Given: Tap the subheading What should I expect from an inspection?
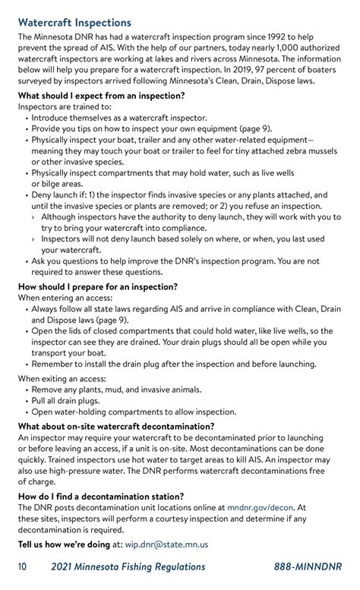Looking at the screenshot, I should pyautogui.click(x=101, y=96).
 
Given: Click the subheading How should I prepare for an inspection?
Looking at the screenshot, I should pyautogui.click(x=98, y=287).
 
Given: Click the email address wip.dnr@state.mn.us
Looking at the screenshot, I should pyautogui.click(x=166, y=544).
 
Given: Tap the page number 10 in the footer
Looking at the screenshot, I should pyautogui.click(x=24, y=567).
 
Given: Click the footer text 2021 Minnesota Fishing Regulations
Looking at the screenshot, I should pyautogui.click(x=128, y=567).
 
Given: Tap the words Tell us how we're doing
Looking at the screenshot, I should pyautogui.click(x=64, y=544).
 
